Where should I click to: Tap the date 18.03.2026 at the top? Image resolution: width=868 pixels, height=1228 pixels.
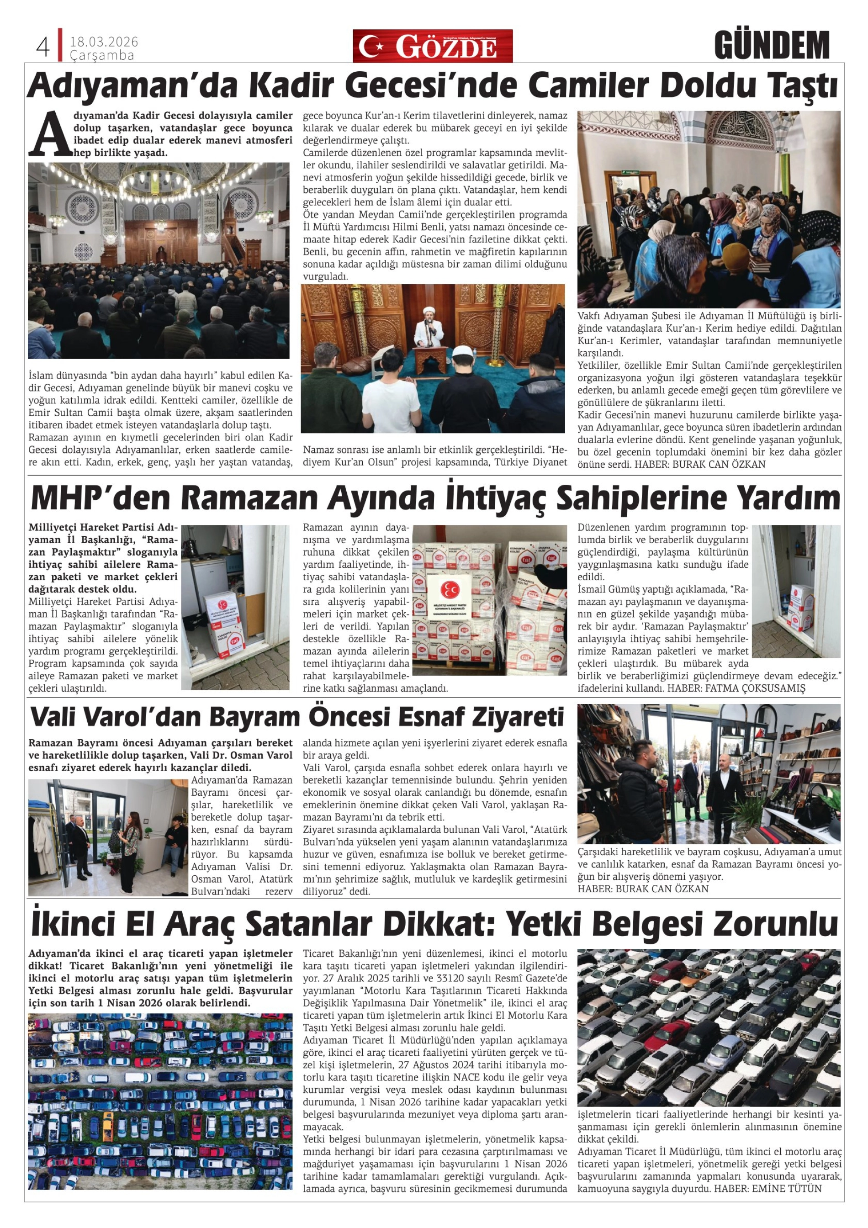coord(104,42)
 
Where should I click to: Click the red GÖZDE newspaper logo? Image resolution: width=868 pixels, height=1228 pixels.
coord(432,47)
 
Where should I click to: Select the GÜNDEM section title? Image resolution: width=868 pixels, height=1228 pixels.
coord(771,46)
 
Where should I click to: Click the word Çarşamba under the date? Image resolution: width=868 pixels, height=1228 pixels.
coord(101,55)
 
